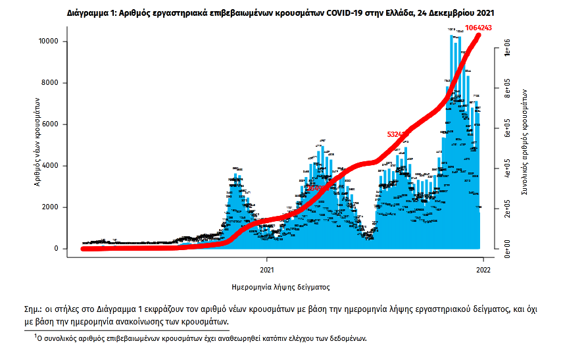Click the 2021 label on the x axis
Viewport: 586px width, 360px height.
coord(267,269)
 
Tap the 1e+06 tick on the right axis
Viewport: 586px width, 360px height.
coord(506,52)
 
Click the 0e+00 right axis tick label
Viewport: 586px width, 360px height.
coord(506,248)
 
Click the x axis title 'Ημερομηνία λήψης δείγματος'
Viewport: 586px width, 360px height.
coord(281,288)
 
